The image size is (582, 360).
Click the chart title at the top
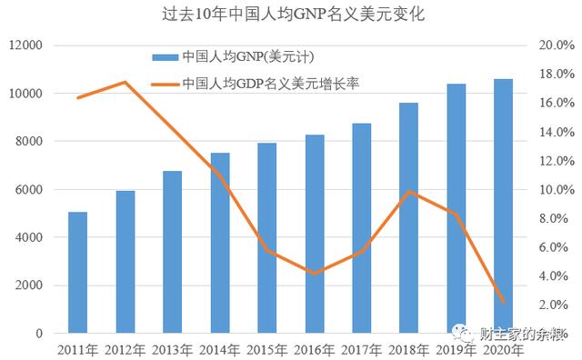pyautogui.click(x=291, y=16)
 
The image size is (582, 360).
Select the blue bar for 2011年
pyautogui.click(x=78, y=273)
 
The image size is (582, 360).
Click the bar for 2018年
pyautogui.click(x=409, y=218)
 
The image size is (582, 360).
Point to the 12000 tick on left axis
pyautogui.click(x=26, y=45)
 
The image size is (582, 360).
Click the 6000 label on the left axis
pyautogui.click(x=30, y=189)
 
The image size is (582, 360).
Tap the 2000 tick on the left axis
pyautogui.click(x=30, y=285)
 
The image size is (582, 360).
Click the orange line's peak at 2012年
pyautogui.click(x=125, y=83)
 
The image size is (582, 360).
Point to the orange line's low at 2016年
pyautogui.click(x=315, y=273)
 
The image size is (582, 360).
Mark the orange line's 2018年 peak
pyautogui.click(x=409, y=192)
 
